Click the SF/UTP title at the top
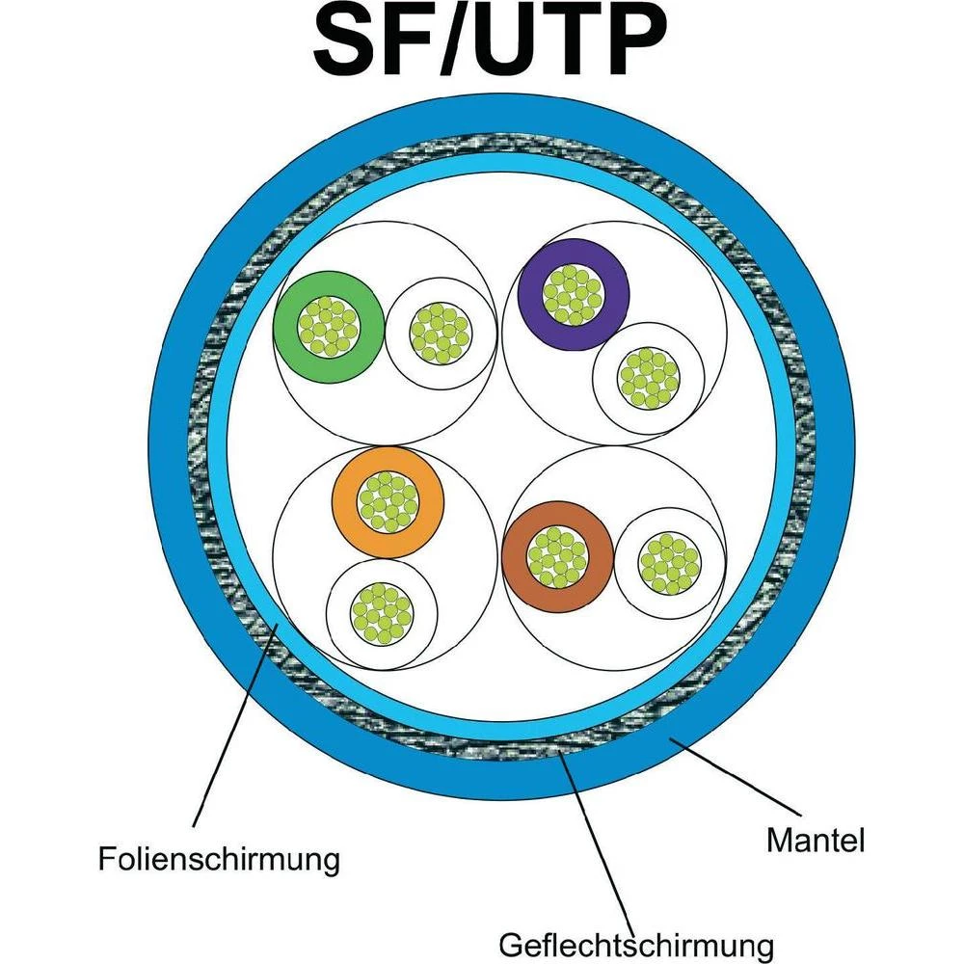point(490,44)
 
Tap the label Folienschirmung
point(219,857)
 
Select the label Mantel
point(815,840)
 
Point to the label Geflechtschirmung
point(636,939)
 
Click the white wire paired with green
point(440,335)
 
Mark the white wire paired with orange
point(382,612)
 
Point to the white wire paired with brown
point(669,562)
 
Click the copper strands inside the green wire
point(328,325)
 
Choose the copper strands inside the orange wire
point(387,501)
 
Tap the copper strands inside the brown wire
point(557,556)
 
